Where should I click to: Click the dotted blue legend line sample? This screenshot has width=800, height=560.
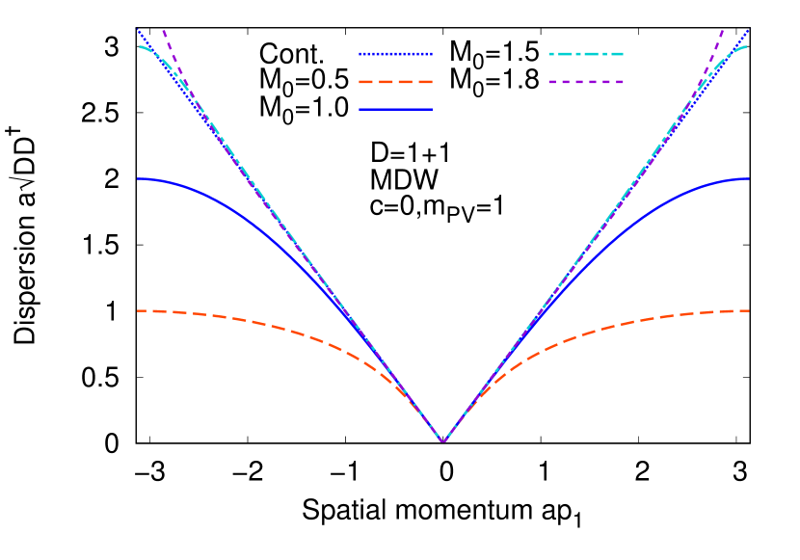click(395, 54)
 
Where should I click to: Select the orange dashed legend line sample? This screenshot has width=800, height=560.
click(395, 82)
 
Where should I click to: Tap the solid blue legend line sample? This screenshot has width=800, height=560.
click(395, 110)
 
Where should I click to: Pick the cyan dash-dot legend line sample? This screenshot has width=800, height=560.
click(586, 54)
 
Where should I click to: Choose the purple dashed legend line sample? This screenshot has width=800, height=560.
click(586, 82)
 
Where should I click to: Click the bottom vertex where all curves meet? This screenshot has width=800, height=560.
click(443, 441)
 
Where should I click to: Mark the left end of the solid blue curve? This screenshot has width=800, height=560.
click(138, 178)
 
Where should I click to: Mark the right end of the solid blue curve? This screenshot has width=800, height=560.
click(749, 178)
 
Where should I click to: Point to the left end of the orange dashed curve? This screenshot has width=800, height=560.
click(138, 310)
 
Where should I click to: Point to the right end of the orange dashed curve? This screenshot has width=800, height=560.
click(749, 310)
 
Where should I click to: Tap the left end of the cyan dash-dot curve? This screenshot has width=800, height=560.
click(138, 45)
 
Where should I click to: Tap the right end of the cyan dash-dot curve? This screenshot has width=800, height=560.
click(749, 45)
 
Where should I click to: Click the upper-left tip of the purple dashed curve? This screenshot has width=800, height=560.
click(163, 31)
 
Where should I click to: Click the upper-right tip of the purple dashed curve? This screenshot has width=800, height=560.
click(724, 31)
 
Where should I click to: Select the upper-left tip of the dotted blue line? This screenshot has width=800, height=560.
click(138, 30)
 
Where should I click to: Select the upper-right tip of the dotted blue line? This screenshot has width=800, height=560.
click(749, 30)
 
